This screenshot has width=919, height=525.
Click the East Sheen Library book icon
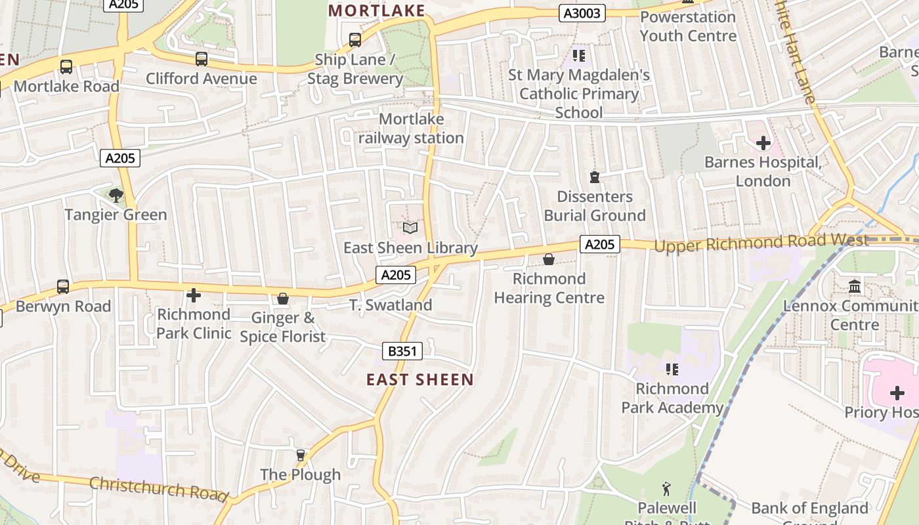(x=410, y=228)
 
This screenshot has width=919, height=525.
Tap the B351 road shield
(x=402, y=351)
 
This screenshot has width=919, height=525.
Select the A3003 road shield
(x=582, y=12)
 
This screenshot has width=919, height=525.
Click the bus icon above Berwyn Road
(x=63, y=287)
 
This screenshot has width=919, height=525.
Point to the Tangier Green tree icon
(x=116, y=195)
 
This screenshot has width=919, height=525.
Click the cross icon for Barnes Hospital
(x=763, y=142)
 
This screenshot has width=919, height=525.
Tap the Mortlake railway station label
(x=411, y=129)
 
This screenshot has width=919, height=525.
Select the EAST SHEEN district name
(x=419, y=379)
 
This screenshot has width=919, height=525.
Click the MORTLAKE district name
(x=377, y=10)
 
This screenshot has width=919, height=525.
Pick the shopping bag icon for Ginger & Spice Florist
(x=283, y=299)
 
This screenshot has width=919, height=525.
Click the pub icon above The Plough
(x=301, y=455)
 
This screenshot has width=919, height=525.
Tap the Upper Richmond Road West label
(x=761, y=242)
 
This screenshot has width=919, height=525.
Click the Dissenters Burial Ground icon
(x=595, y=177)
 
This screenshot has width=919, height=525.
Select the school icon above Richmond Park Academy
(x=672, y=369)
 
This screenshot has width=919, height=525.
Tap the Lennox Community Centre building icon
(x=855, y=287)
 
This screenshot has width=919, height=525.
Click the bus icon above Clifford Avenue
(x=202, y=59)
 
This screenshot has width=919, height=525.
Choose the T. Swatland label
(x=391, y=305)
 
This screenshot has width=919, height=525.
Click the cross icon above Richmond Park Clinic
(x=194, y=295)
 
